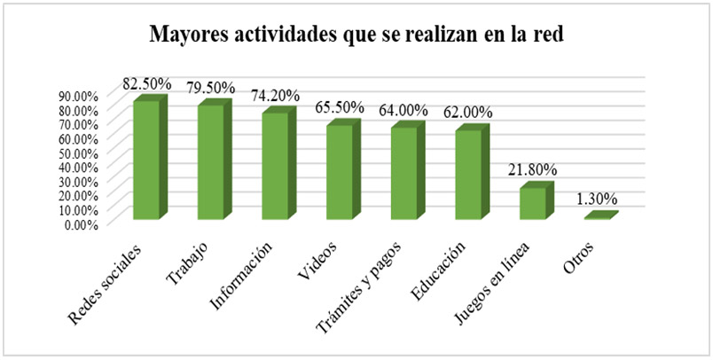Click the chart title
(x=356, y=36)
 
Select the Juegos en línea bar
(x=532, y=203)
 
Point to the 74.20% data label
(x=276, y=95)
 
